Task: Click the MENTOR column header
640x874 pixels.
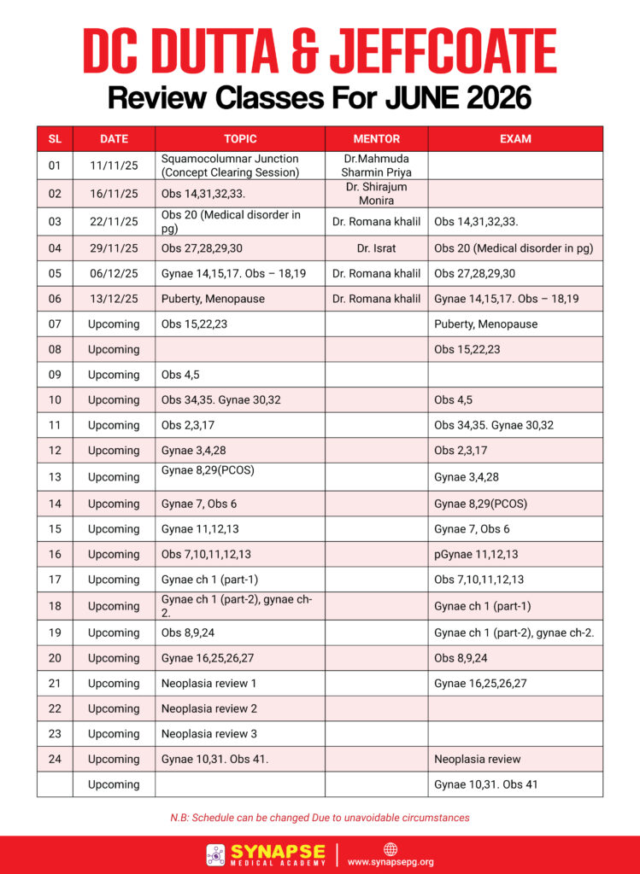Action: point(376,139)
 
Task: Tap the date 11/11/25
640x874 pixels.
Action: point(114,165)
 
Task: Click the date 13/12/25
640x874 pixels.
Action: point(114,299)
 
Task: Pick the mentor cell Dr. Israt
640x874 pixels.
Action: point(376,248)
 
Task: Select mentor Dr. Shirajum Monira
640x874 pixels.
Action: point(376,193)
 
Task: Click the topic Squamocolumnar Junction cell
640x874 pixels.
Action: point(230,165)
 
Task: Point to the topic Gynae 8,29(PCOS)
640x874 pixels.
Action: point(208,470)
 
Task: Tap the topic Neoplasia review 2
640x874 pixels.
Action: point(208,708)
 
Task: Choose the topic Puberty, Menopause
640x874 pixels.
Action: point(213,299)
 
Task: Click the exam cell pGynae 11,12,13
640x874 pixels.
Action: point(476,554)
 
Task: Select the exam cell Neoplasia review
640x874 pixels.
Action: point(477,759)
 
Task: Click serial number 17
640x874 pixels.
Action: point(55,580)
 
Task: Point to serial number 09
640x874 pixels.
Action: point(55,375)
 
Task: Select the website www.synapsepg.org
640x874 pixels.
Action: point(390,862)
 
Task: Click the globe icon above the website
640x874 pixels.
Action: point(390,849)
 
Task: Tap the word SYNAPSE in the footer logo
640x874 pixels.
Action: point(278,852)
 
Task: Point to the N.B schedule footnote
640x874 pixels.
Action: point(320,818)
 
